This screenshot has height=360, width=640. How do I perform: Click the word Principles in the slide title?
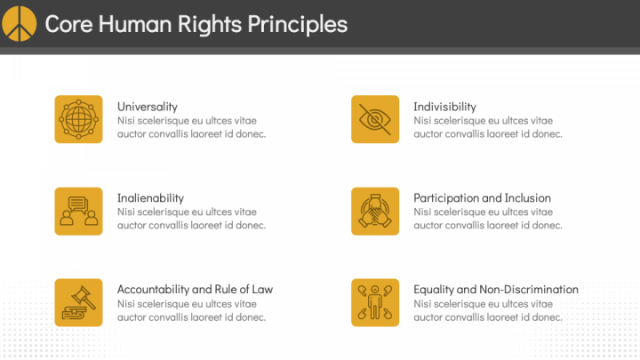click(298, 24)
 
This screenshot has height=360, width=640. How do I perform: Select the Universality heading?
click(147, 107)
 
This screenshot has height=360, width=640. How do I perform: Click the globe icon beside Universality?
click(78, 119)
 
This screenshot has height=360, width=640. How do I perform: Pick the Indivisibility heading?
click(444, 107)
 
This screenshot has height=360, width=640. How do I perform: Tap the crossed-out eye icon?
click(374, 119)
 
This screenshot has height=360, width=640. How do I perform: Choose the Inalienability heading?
click(150, 197)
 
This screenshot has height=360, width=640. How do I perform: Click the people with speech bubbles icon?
click(78, 211)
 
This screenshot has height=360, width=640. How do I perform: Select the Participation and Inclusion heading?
click(482, 197)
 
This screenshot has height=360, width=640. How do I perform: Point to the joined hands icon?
click(374, 211)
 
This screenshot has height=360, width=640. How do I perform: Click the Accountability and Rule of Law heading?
click(195, 289)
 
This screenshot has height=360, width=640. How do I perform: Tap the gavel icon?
click(78, 302)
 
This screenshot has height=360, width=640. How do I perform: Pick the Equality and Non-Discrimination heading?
click(496, 289)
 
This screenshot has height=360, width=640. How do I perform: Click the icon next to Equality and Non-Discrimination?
click(374, 302)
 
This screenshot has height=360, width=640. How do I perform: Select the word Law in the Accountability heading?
click(263, 289)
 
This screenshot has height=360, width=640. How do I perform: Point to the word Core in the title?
click(68, 24)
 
